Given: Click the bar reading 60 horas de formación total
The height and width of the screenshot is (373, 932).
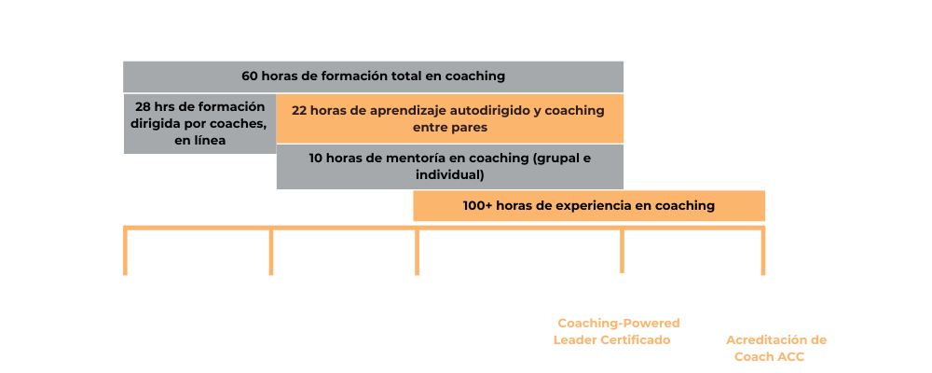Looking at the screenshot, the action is tap(374, 76).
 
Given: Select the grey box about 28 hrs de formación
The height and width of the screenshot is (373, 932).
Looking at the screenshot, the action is tap(199, 124).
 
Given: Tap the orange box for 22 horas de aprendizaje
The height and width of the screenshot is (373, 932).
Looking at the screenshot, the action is tap(450, 119).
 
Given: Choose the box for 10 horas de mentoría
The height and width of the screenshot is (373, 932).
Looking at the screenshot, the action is tap(450, 167).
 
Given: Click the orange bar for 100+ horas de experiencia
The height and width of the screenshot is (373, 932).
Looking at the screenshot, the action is tap(588, 206).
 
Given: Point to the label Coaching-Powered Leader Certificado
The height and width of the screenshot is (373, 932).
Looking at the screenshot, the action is tap(616, 331).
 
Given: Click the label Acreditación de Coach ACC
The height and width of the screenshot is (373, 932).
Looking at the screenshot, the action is tap(775, 349).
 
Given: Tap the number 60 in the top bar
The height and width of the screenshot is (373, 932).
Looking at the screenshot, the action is tap(250, 76).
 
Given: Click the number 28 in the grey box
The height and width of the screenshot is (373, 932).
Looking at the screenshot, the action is tap(143, 107).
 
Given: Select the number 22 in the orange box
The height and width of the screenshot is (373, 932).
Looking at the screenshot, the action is tap(299, 111).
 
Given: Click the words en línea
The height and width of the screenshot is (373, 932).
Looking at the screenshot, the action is tap(199, 142).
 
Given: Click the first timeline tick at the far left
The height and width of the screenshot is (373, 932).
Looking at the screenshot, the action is tap(126, 251).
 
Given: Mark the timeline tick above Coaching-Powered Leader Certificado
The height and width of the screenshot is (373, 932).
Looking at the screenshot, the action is tap(622, 250).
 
